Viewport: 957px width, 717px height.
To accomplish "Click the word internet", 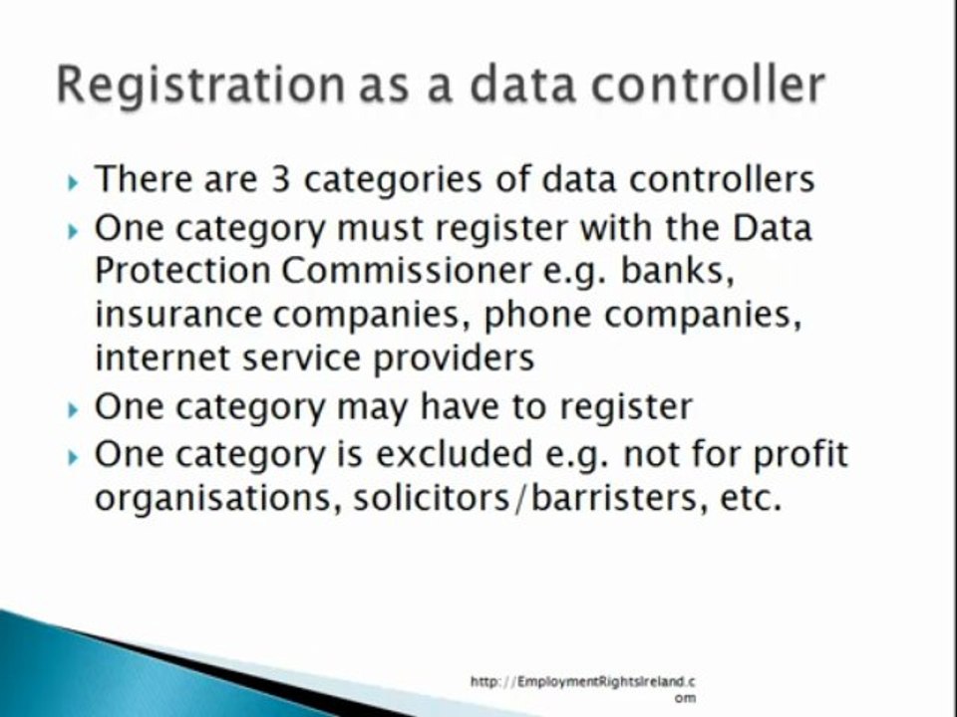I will (x=165, y=358).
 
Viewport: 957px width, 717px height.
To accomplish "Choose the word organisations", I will (x=205, y=498).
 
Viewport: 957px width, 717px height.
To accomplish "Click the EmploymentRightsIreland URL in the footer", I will (x=583, y=682).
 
